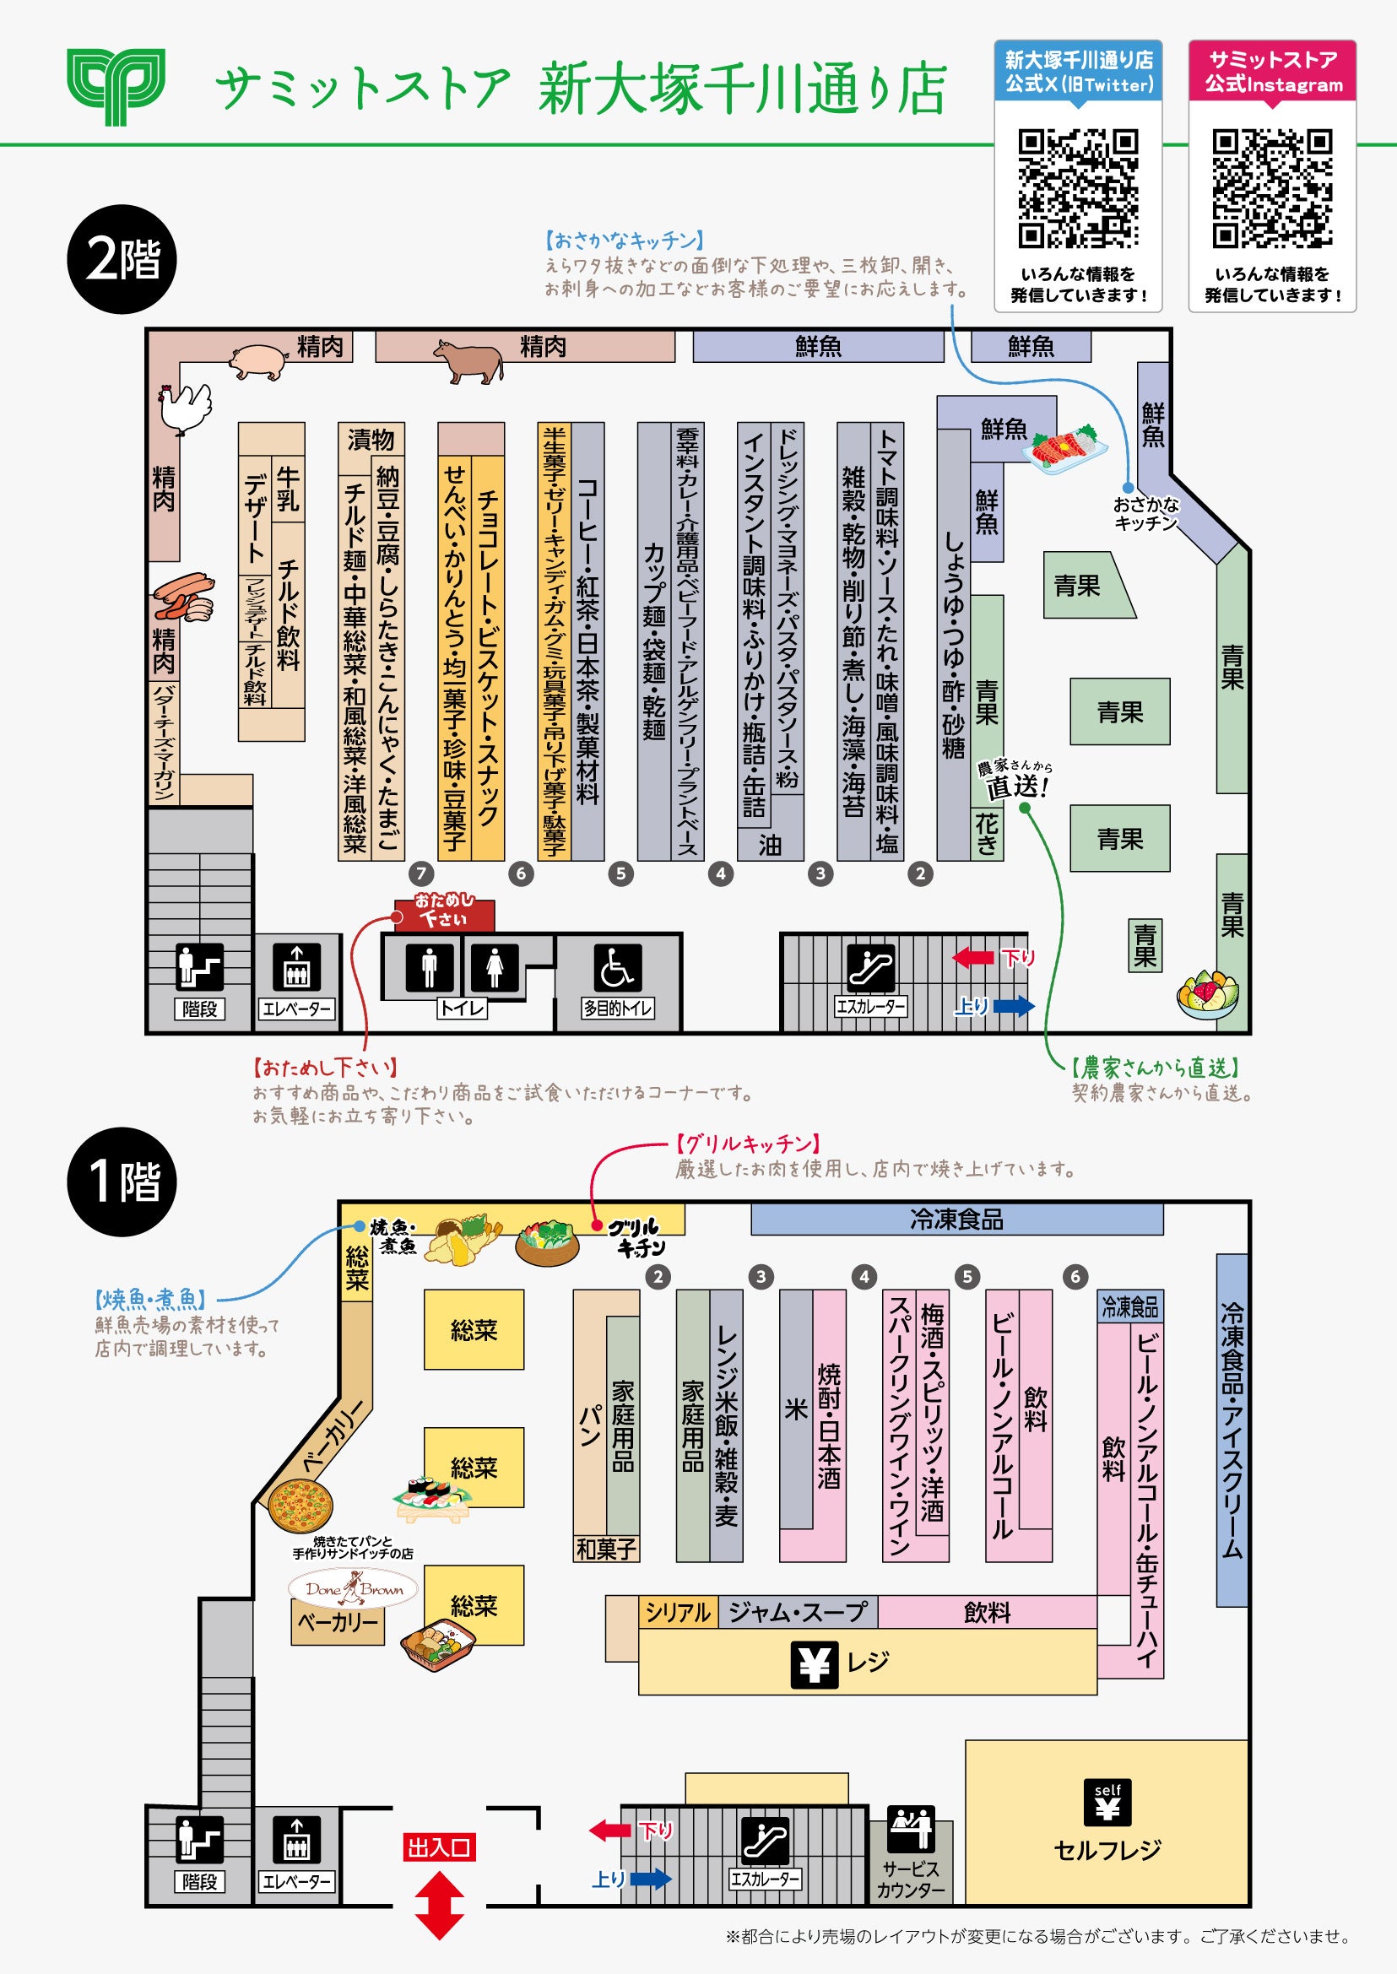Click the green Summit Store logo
click(116, 87)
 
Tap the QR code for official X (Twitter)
click(1078, 188)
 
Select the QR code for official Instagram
click(1272, 188)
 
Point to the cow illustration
click(468, 360)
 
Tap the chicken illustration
click(184, 408)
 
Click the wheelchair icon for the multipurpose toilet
click(617, 968)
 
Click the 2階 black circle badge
click(122, 259)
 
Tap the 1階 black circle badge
click(122, 1181)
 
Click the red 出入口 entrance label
click(439, 1847)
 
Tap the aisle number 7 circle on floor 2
click(420, 873)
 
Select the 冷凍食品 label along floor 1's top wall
click(956, 1219)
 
